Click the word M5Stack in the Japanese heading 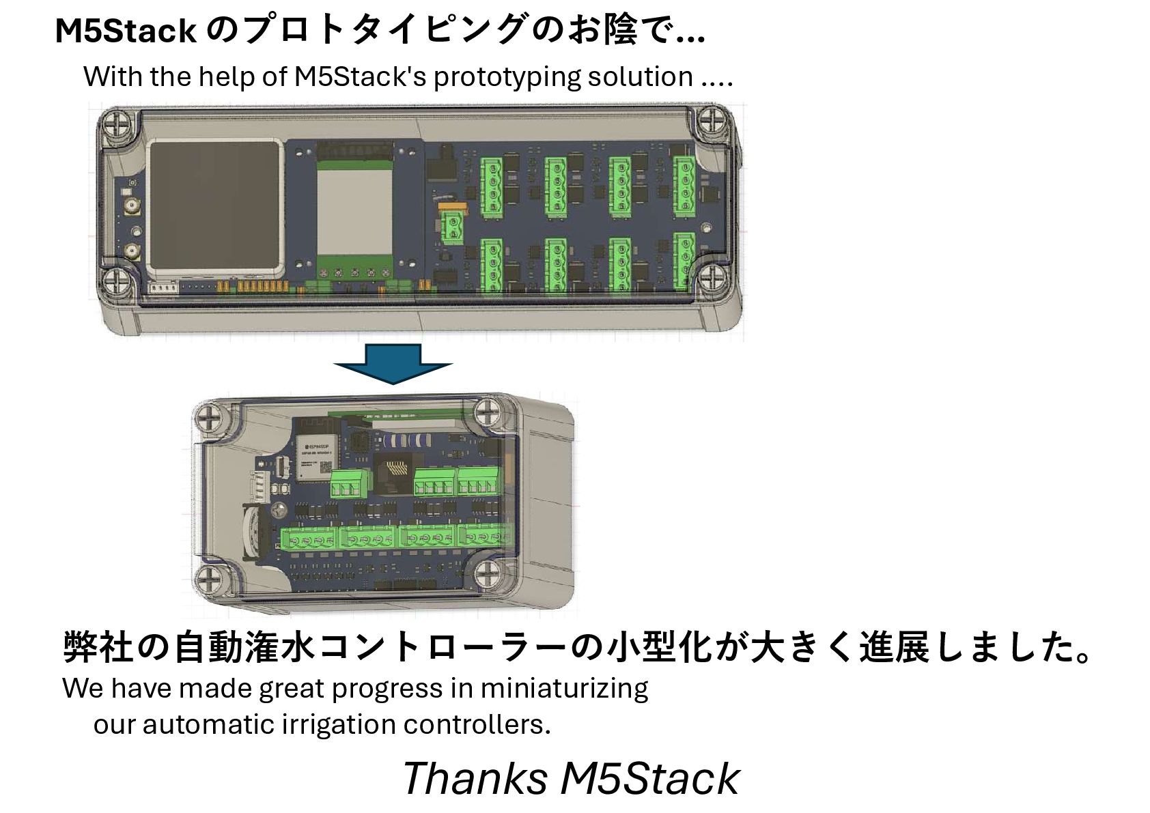(x=126, y=31)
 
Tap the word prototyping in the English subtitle (x=506, y=77)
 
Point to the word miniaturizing (x=564, y=688)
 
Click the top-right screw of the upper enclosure (x=712, y=122)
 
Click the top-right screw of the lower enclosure (x=488, y=412)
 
